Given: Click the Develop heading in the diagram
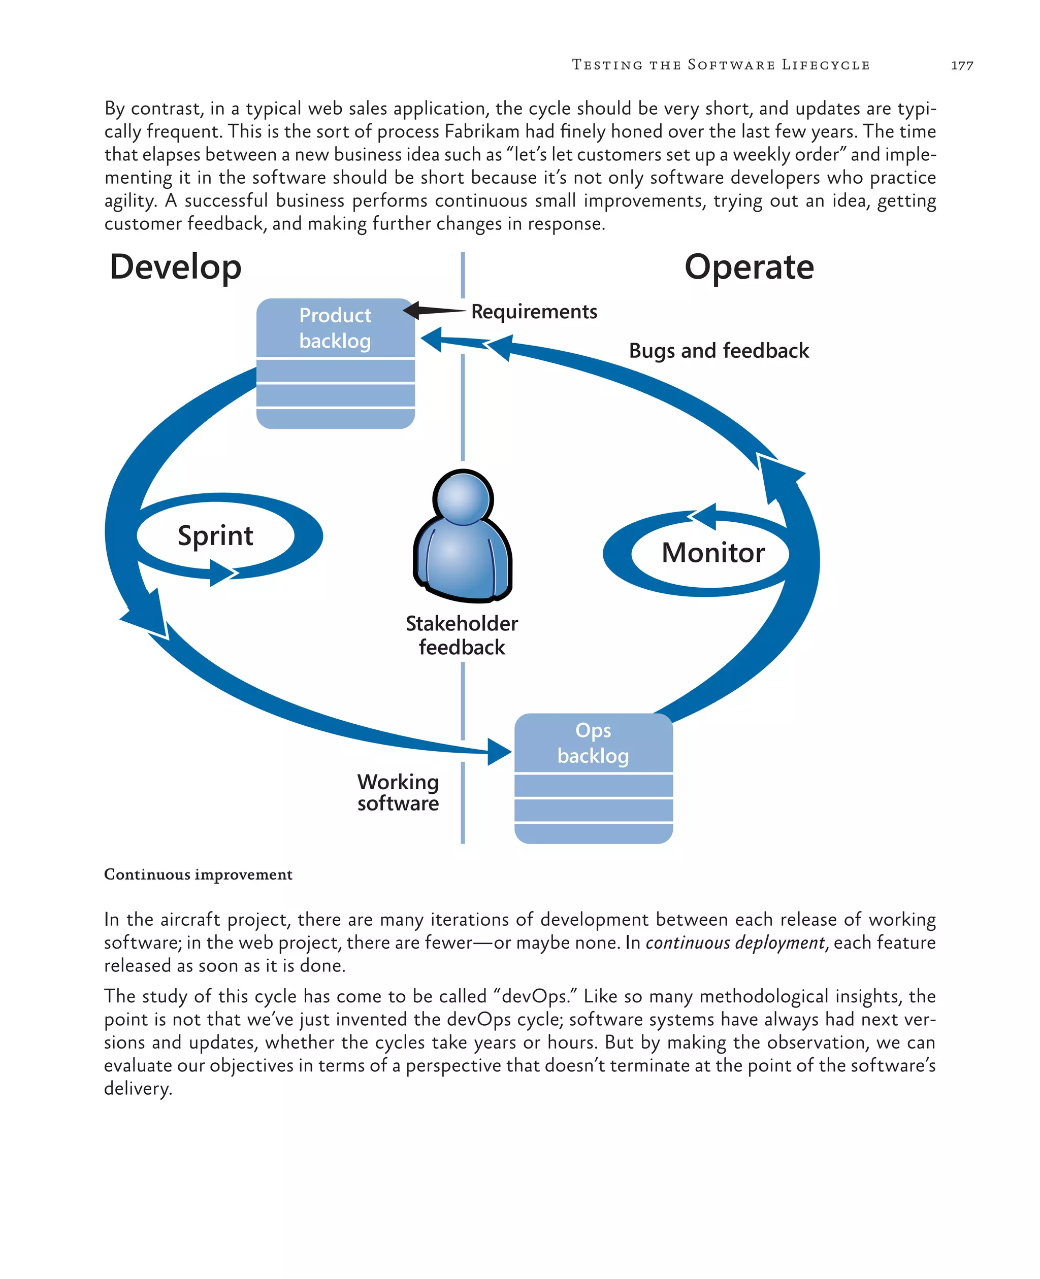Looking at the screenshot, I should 176,267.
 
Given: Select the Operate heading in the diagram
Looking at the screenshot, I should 749,267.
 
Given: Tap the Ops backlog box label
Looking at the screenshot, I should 593,743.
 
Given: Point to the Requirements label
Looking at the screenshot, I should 534,312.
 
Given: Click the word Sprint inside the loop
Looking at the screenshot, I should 216,535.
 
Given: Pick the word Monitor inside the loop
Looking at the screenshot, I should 713,553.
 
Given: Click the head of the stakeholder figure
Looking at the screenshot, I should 463,498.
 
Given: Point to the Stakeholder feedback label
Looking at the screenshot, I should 462,635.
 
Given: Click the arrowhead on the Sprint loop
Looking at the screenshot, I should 223,573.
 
